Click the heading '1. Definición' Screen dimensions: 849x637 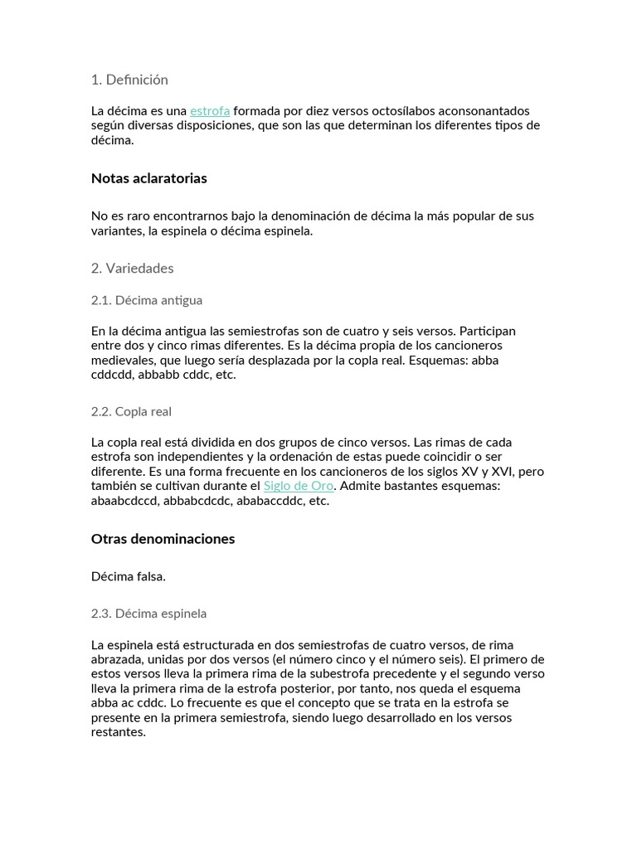(129, 80)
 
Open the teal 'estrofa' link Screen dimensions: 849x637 (210, 111)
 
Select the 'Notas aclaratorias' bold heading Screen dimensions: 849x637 (149, 178)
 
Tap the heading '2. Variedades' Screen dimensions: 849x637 (132, 269)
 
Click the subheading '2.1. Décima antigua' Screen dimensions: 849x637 (147, 300)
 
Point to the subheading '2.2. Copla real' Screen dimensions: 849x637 (131, 411)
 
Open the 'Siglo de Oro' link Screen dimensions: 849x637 (299, 486)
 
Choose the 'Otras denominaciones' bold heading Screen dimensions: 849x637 (163, 539)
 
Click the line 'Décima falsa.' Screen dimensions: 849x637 (129, 576)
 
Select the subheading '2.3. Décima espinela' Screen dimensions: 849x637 (148, 614)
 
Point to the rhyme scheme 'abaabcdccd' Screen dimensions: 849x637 (124, 501)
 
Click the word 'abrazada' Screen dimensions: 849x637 (117, 660)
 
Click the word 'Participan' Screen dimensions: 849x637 (487, 331)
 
